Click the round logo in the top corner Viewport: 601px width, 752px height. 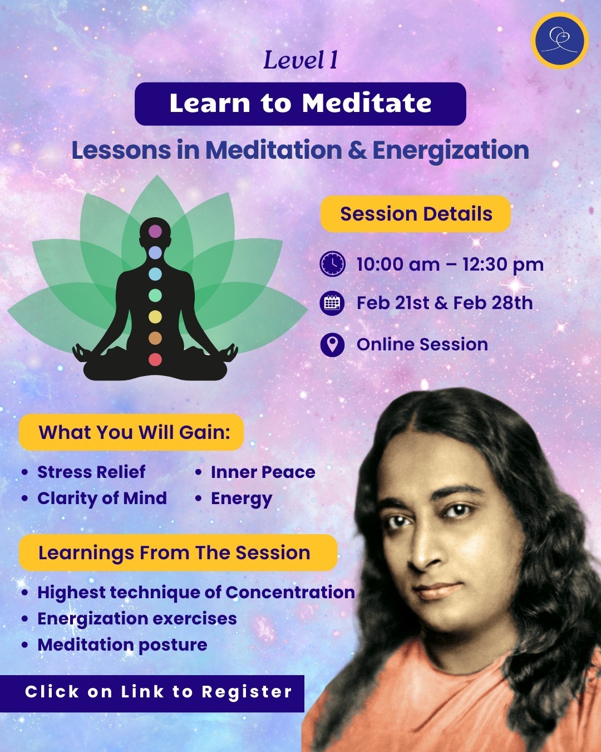(x=559, y=41)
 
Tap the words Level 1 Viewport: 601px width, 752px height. (x=300, y=61)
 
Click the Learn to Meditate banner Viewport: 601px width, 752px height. (x=300, y=104)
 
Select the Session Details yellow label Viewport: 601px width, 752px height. (x=416, y=214)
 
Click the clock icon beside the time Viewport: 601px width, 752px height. (x=333, y=264)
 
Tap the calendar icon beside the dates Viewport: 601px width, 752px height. (x=333, y=304)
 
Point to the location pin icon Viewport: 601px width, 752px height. (x=333, y=344)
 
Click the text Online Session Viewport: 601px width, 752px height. (x=422, y=344)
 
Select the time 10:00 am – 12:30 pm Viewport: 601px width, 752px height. (x=450, y=264)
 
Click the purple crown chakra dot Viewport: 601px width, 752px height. (x=155, y=231)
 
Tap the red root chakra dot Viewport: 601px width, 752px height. (x=155, y=359)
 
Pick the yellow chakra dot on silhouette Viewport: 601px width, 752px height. (x=155, y=316)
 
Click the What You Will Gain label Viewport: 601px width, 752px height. (x=134, y=432)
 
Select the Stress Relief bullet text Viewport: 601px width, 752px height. (x=91, y=472)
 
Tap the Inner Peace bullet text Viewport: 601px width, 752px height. (x=263, y=472)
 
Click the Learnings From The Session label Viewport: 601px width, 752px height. (x=174, y=553)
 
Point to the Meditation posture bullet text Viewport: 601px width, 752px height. (x=122, y=644)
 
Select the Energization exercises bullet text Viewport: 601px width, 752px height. (x=137, y=618)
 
